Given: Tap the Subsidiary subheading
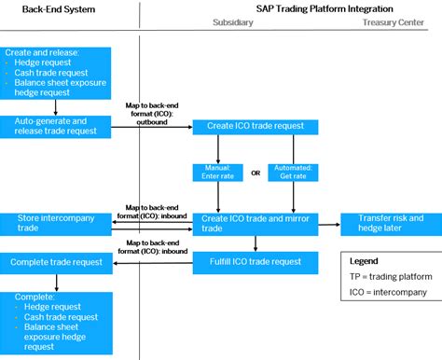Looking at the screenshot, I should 232,21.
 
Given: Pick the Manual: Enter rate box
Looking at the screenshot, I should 217,172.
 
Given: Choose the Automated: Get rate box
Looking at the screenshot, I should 294,172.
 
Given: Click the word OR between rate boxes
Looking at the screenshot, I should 256,172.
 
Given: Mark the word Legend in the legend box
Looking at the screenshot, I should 365,262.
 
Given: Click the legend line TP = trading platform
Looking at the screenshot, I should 384,278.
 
